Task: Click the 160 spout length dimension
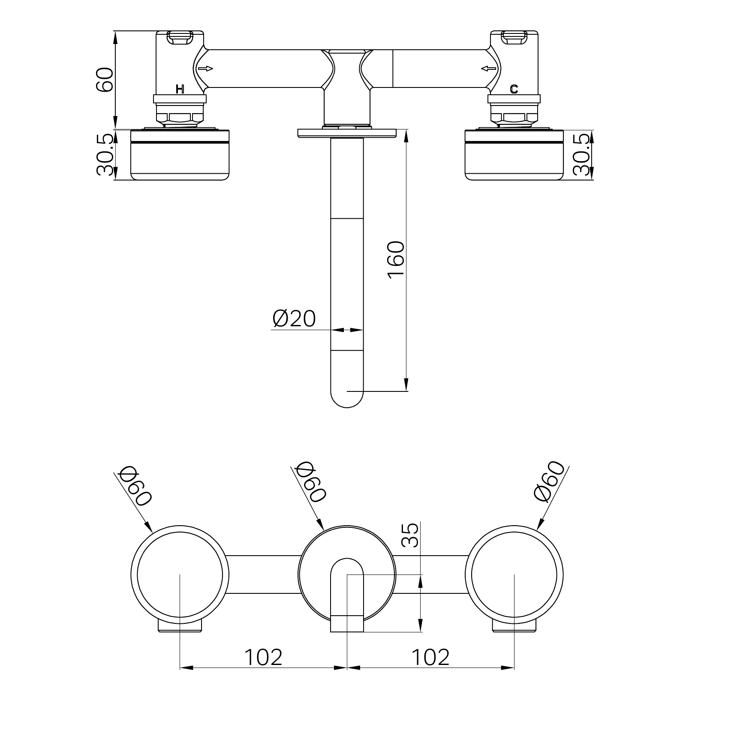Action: point(396,260)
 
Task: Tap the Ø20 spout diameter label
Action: point(294,319)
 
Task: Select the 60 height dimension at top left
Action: point(105,80)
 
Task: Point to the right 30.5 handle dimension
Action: point(581,154)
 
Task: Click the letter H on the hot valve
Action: point(180,89)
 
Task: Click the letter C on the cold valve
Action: point(514,89)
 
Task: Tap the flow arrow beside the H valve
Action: point(205,69)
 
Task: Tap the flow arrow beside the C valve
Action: point(488,68)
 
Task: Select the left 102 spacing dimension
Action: point(263,657)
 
